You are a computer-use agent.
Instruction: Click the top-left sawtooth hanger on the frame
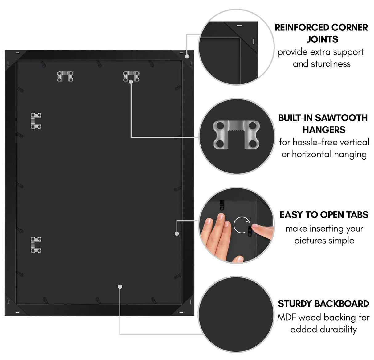pyautogui.click(x=65, y=76)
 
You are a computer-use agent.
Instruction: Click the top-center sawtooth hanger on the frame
pyautogui.click(x=131, y=76)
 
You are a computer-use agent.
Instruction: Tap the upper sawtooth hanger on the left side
pyautogui.click(x=36, y=121)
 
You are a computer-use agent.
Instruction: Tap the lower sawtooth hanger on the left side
pyautogui.click(x=36, y=245)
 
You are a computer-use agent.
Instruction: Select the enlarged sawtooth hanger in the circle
pyautogui.click(x=236, y=135)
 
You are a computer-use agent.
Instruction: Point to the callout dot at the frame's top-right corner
pyautogui.click(x=187, y=56)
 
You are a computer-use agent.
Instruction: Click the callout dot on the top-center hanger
pyautogui.click(x=131, y=82)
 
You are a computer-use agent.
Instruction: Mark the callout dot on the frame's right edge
pyautogui.click(x=177, y=233)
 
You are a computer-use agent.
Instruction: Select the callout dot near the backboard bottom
pyautogui.click(x=120, y=287)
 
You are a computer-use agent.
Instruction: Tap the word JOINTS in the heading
pyautogui.click(x=322, y=39)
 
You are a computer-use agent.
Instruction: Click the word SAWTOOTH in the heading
pyautogui.click(x=341, y=118)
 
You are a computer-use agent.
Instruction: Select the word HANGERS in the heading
pyautogui.click(x=324, y=130)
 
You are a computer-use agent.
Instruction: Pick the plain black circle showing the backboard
pyautogui.click(x=236, y=314)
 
